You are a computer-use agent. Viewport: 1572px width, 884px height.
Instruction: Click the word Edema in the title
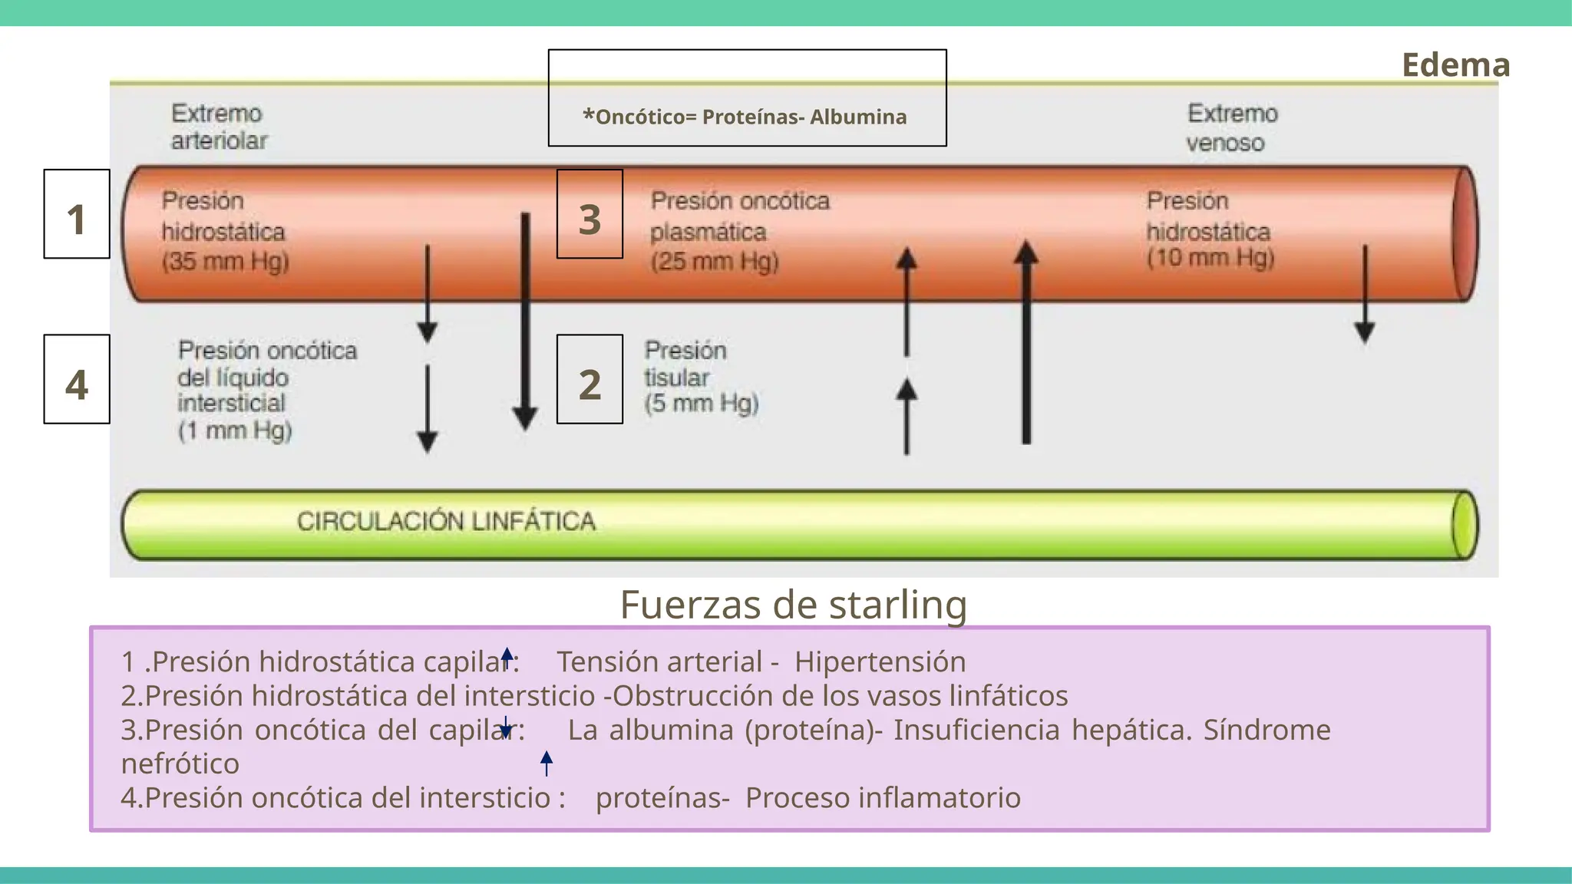(x=1455, y=65)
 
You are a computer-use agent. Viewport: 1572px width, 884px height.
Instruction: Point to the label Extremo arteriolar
(x=218, y=127)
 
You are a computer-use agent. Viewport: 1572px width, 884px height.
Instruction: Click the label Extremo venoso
(x=1231, y=128)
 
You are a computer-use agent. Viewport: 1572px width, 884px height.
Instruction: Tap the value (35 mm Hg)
(x=225, y=262)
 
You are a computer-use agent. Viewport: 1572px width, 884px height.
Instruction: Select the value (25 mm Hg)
(x=715, y=262)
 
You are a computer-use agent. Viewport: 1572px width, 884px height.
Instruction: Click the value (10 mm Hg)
(x=1210, y=258)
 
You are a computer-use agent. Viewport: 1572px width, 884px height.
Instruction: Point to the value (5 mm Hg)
(x=702, y=404)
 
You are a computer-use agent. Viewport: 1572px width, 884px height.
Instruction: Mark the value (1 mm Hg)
(x=235, y=430)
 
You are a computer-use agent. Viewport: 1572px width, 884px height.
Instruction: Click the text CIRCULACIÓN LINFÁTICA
(x=446, y=522)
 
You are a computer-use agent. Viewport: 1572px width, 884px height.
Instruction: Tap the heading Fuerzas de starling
(x=793, y=605)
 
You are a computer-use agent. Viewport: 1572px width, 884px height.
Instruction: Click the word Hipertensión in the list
(x=880, y=661)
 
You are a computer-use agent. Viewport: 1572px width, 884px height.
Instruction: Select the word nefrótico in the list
(x=180, y=764)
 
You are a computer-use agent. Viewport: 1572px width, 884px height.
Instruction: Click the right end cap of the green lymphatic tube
(x=1465, y=525)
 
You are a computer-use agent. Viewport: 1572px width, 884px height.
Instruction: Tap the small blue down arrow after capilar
(x=506, y=727)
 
